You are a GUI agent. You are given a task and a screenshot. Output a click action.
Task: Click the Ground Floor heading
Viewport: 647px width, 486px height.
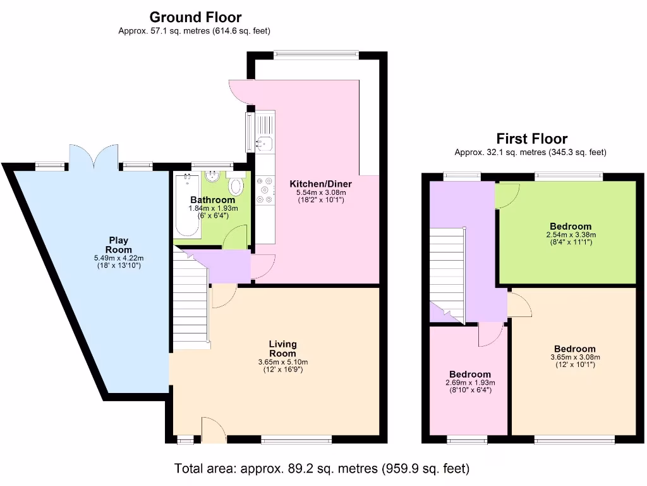tap(195, 17)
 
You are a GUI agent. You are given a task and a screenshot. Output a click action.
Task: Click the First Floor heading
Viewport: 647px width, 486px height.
tap(531, 139)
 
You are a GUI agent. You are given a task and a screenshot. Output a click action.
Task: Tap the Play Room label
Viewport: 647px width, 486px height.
tap(118, 244)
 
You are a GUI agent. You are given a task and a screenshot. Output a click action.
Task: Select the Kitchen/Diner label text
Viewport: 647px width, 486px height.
tap(320, 184)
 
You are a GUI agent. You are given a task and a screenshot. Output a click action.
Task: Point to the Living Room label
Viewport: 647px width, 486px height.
tap(282, 349)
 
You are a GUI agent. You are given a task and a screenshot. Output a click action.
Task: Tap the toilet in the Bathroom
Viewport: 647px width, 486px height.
tap(236, 185)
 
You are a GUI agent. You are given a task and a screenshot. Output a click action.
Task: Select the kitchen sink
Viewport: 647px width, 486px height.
tap(263, 144)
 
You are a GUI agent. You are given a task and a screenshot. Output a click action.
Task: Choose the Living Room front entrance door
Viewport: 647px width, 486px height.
tap(214, 430)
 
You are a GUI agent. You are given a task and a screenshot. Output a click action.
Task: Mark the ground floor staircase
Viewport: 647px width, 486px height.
tap(190, 297)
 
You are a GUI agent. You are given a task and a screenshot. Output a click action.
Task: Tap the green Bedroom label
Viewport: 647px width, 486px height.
tap(571, 226)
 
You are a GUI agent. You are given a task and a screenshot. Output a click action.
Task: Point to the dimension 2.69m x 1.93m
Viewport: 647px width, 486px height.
tap(470, 383)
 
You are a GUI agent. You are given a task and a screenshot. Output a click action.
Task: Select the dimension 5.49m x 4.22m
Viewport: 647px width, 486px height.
tap(118, 258)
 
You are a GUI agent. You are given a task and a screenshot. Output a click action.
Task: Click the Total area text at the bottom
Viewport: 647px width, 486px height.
tap(322, 469)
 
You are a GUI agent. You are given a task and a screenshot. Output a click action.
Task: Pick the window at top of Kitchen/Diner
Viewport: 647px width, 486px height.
tap(316, 55)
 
